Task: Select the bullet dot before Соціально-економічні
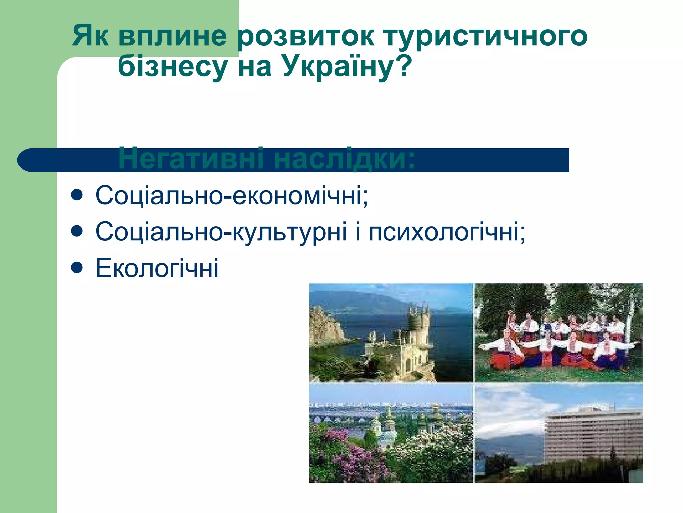(77, 196)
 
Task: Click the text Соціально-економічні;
(231, 196)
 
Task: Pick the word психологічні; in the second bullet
(447, 232)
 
